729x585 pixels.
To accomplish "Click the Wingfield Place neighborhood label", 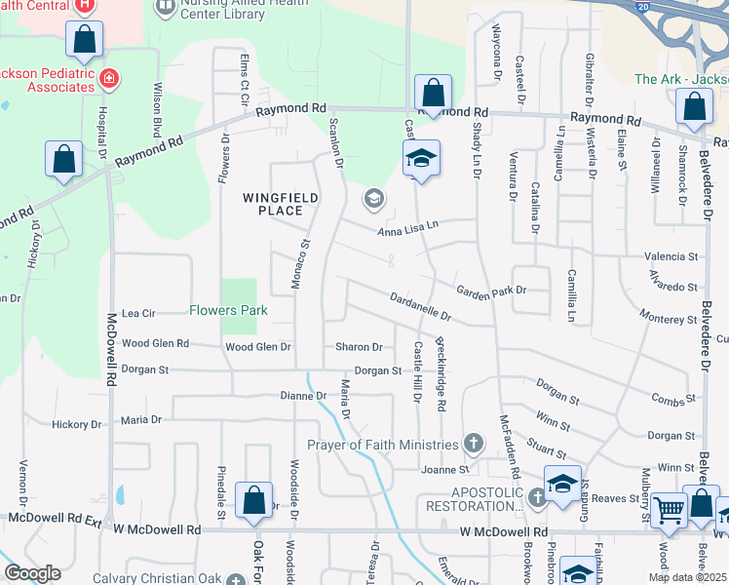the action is (x=267, y=203).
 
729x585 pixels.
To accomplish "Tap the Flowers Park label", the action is (x=227, y=311).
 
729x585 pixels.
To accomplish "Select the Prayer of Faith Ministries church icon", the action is (x=474, y=445).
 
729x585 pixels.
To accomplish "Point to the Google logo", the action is (x=31, y=572).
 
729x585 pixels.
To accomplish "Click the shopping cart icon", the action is (x=668, y=509).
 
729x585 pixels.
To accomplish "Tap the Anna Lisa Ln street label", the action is (x=408, y=227).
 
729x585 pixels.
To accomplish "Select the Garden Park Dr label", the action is (x=491, y=290).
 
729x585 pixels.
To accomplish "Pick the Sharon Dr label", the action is (x=359, y=347).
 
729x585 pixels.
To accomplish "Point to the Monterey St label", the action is (x=668, y=319).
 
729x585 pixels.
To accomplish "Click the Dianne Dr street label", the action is (x=302, y=396).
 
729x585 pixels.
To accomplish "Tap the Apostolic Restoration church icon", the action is (x=537, y=499).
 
